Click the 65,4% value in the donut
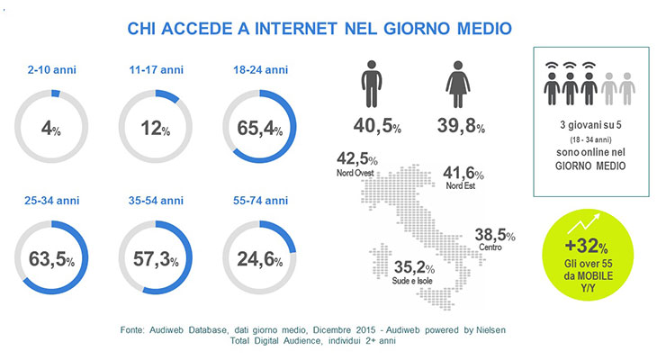(259, 128)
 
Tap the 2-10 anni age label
(52, 69)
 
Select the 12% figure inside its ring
(156, 128)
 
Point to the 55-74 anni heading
(260, 201)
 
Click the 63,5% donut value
(51, 259)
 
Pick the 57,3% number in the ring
(156, 258)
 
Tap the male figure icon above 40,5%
(372, 84)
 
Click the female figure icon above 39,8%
(458, 84)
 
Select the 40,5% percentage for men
(377, 126)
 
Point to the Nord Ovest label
(355, 173)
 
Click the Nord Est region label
(461, 185)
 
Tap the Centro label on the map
(490, 247)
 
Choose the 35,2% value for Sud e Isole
(414, 267)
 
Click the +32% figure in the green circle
(586, 246)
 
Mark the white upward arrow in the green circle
(583, 224)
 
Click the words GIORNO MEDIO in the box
(590, 166)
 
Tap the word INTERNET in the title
(295, 29)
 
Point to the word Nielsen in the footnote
(490, 330)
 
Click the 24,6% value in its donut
(259, 259)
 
